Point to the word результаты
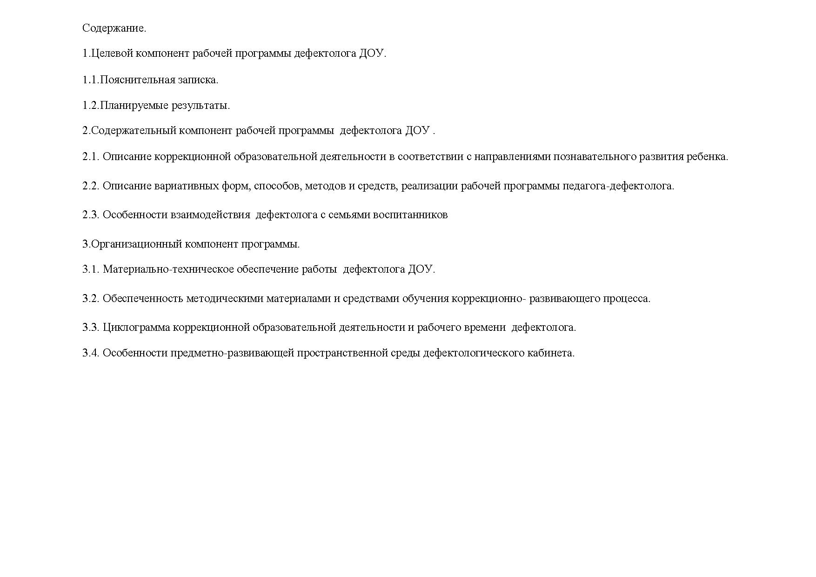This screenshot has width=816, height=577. (x=201, y=106)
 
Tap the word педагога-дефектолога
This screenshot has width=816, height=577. (x=618, y=186)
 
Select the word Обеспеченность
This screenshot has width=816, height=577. (x=142, y=299)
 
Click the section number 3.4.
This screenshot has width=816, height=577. (x=91, y=353)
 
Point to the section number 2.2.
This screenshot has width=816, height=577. (x=91, y=186)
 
